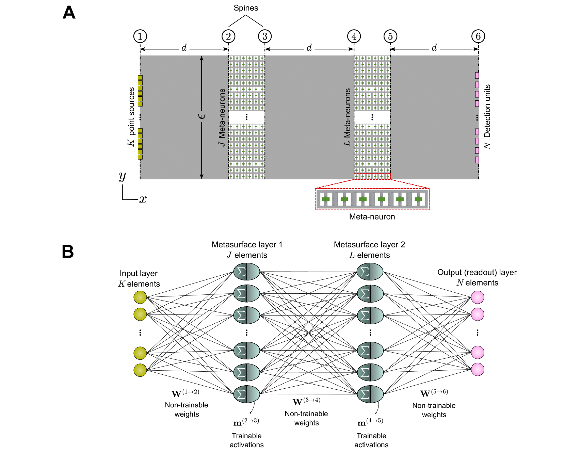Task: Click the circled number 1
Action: click(140, 36)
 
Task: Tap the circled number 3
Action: click(264, 36)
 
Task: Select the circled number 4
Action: click(354, 36)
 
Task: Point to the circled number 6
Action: click(478, 36)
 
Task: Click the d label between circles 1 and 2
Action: click(184, 47)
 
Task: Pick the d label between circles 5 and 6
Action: click(434, 47)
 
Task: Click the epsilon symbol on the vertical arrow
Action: click(202, 116)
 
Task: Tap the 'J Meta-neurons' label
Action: click(222, 117)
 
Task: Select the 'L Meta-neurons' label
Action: click(347, 117)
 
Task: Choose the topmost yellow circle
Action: click(140, 297)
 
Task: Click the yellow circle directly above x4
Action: click(140, 370)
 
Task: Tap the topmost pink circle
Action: click(478, 297)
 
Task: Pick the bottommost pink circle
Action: click(478, 369)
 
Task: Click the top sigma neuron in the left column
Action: click(246, 272)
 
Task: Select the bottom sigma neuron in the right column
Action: click(370, 394)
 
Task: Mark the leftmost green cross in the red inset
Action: click(326, 199)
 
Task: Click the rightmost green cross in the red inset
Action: click(418, 199)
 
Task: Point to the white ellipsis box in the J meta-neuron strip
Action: click(246, 117)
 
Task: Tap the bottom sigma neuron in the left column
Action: click(246, 394)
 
